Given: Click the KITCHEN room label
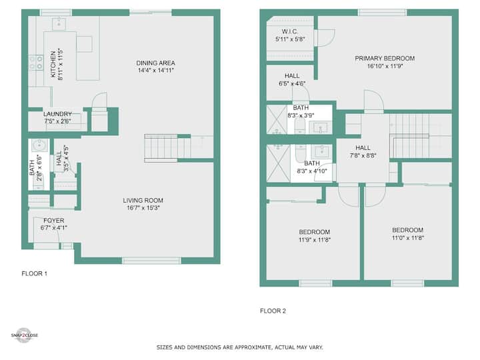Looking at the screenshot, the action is (53, 64).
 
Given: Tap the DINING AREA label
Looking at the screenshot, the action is (155, 63).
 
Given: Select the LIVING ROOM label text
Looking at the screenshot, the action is (143, 201).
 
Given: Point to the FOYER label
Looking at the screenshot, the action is (54, 221).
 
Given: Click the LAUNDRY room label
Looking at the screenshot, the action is (57, 114).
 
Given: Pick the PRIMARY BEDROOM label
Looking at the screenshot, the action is (385, 58).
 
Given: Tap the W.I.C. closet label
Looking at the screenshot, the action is (289, 31).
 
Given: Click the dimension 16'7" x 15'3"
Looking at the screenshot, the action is (143, 208).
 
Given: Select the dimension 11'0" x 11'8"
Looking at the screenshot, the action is (408, 237).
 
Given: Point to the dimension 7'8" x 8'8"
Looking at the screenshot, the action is (363, 155).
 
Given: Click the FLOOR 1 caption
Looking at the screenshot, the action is (34, 274).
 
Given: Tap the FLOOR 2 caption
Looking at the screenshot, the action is (273, 311).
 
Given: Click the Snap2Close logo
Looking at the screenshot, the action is (24, 335).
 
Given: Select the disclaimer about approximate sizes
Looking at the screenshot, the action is (240, 347).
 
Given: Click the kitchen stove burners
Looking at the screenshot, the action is (36, 63).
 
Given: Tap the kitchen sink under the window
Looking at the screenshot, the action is (59, 24).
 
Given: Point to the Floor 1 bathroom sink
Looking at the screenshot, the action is (39, 145).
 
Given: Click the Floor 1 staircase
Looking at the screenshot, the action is (167, 148).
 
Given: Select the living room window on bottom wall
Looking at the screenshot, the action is (151, 261).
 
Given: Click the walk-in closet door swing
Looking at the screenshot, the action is (327, 37).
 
